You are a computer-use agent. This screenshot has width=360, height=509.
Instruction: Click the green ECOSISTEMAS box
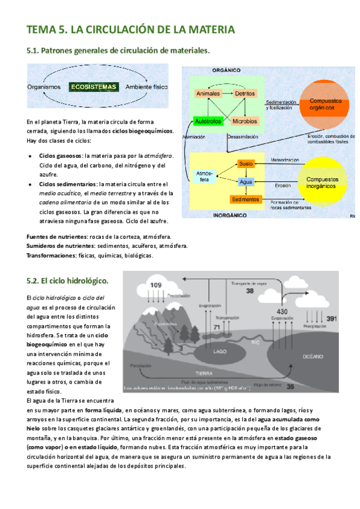(x=93, y=87)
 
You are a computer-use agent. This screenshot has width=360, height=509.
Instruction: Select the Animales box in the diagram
(x=208, y=94)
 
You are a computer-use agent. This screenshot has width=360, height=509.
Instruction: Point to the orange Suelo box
(x=246, y=163)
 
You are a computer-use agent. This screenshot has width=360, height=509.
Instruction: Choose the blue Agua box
(x=246, y=181)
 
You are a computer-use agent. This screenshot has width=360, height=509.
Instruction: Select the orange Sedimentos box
(x=245, y=199)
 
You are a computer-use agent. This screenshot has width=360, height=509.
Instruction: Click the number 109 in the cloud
(x=155, y=285)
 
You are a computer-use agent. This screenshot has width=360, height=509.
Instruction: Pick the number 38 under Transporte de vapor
(x=250, y=291)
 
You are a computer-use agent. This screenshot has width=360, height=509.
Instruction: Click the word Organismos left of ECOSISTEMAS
(x=44, y=87)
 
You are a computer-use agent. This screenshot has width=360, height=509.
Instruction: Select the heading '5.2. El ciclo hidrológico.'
(x=67, y=280)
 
